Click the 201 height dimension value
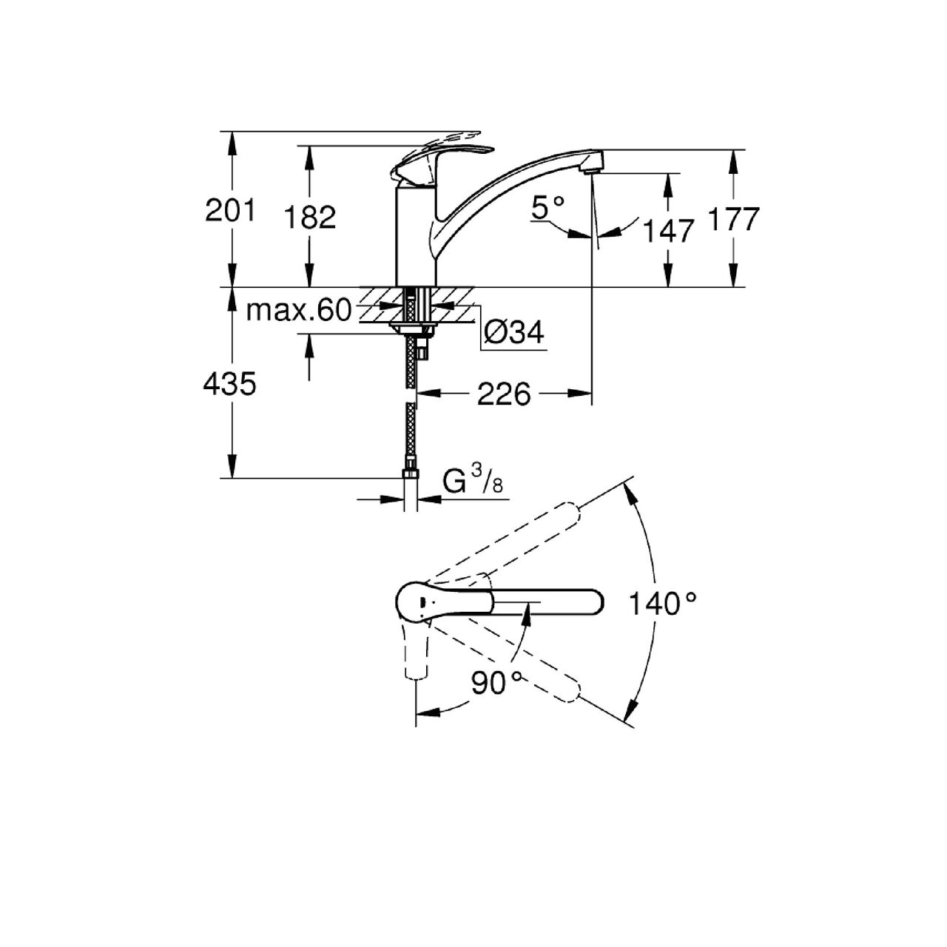230,210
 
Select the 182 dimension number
310,218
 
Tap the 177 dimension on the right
734,219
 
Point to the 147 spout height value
668,231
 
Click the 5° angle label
547,207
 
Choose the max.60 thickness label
299,311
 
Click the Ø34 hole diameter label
514,333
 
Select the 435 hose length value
229,384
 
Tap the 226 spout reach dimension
505,394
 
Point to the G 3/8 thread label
473,480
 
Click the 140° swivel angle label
663,604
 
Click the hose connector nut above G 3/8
411,473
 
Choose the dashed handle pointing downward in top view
416,650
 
